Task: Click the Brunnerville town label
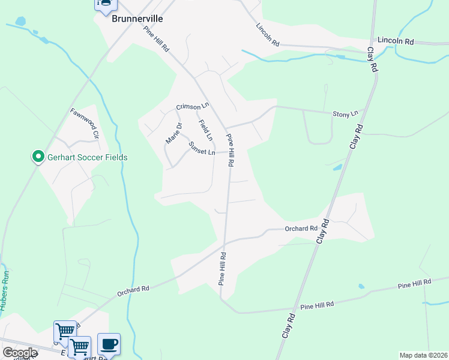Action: click(137, 19)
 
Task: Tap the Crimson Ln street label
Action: click(192, 106)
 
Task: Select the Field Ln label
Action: click(205, 131)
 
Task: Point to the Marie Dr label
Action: click(173, 133)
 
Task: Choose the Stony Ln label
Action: click(345, 113)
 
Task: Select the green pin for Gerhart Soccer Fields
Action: click(38, 157)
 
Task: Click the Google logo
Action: click(19, 353)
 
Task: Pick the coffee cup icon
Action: click(109, 344)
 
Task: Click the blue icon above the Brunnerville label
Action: click(105, 4)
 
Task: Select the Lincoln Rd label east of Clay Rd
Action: click(401, 42)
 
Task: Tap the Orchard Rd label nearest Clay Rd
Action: click(301, 229)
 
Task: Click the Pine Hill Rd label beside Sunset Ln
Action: click(231, 150)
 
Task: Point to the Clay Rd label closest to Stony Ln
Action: click(356, 137)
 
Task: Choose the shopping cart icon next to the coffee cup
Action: click(80, 346)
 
